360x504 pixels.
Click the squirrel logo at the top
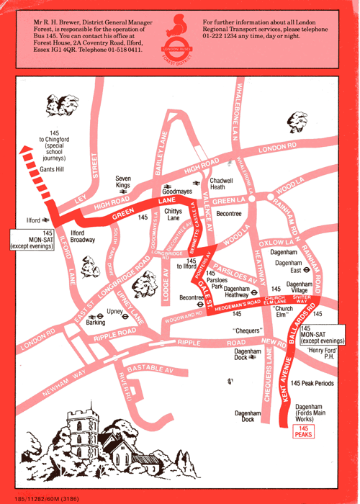pos(179,34)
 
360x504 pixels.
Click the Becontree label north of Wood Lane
pos(229,214)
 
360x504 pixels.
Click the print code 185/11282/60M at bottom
pos(41,495)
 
